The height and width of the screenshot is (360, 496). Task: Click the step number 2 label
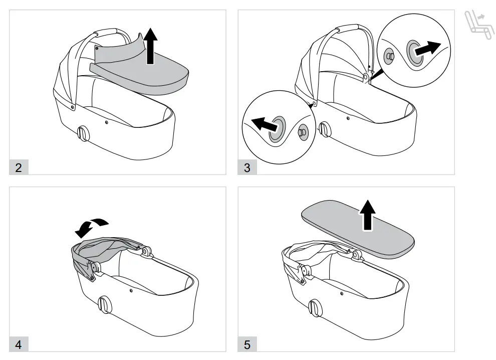[x=19, y=167]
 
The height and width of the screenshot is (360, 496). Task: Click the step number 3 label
[x=247, y=167]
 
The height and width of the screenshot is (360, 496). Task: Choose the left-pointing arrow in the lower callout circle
[x=264, y=123]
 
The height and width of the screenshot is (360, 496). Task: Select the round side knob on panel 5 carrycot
[x=316, y=306]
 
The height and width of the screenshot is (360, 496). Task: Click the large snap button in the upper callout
[x=414, y=52]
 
